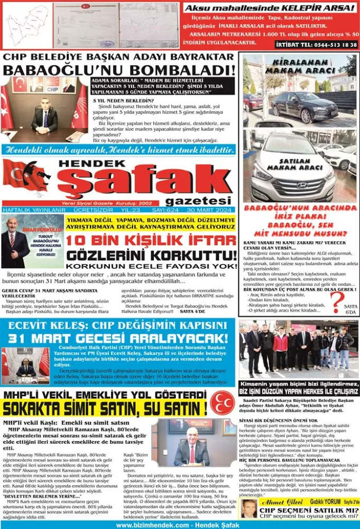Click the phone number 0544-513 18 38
click(327, 44)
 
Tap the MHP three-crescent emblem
click(222, 403)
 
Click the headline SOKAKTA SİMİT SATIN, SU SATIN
click(105, 408)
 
